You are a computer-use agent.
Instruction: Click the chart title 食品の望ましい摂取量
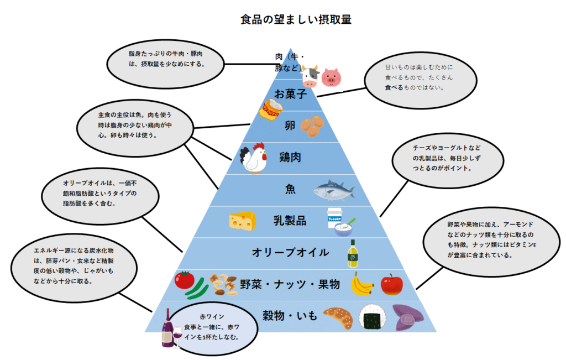[x=296, y=19]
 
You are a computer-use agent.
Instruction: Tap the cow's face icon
[x=310, y=76]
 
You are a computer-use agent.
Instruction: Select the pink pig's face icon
[x=331, y=77]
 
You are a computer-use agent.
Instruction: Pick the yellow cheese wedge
[x=243, y=221]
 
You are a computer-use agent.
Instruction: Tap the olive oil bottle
[x=352, y=253]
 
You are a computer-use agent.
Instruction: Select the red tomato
[x=184, y=280]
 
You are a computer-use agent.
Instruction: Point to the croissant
[x=338, y=317]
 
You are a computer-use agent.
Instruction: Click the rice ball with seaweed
[x=370, y=317]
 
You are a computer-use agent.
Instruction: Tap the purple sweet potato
[x=406, y=317]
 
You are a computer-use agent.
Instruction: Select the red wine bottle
[x=167, y=330]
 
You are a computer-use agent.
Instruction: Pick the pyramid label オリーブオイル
[x=290, y=253]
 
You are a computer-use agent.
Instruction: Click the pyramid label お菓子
[x=291, y=94]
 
